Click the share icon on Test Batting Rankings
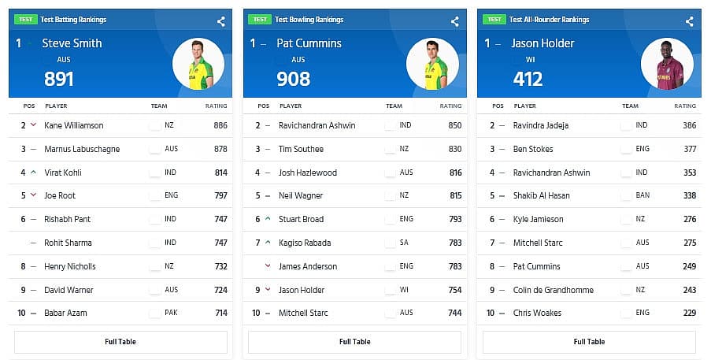(220, 21)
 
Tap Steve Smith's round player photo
(198, 64)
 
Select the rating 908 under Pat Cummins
(294, 79)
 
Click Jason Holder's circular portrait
(667, 64)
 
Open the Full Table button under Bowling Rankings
(354, 342)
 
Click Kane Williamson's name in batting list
(74, 125)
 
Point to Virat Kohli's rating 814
(220, 173)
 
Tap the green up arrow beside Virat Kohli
(34, 173)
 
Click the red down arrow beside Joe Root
(33, 195)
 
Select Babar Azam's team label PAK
(171, 313)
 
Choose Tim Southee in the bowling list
(301, 149)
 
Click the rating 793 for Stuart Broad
(455, 220)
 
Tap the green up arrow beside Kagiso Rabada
(268, 242)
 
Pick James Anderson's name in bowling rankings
(308, 266)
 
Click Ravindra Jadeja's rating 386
(690, 125)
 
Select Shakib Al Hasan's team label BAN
(642, 195)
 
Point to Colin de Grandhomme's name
(554, 290)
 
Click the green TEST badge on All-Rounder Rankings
(494, 20)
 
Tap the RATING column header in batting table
(216, 106)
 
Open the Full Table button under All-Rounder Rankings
(589, 342)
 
